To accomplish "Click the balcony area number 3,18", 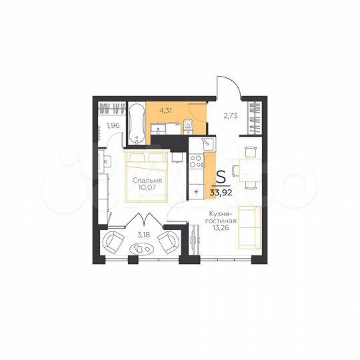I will coord(143,234).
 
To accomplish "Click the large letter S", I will coord(220,177).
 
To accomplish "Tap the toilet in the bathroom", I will coord(188,124).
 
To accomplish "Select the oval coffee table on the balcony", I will coord(141,249).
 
